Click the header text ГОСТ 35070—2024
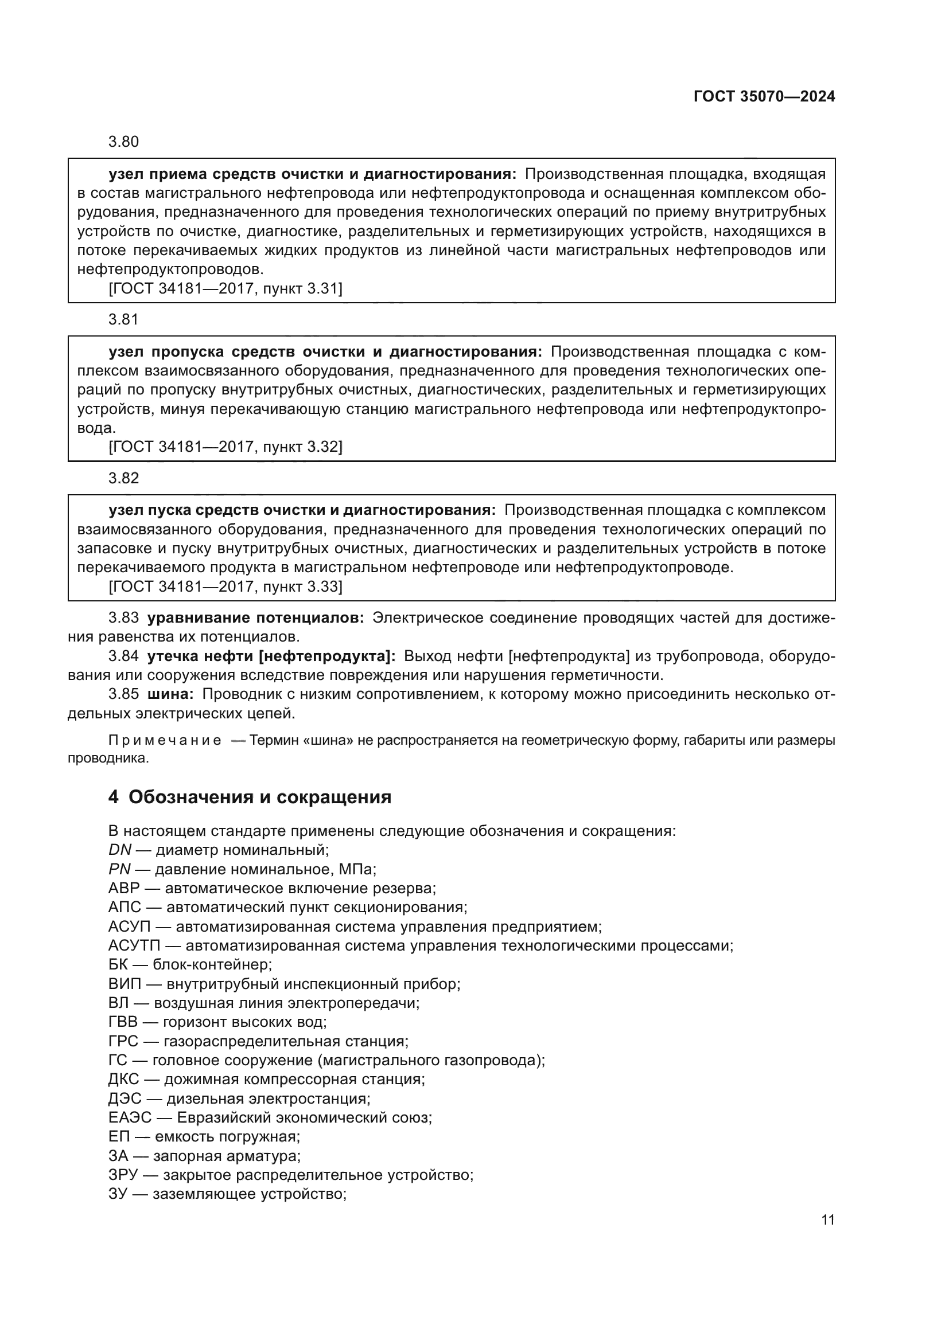point(764,96)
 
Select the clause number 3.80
point(123,142)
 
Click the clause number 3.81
point(123,319)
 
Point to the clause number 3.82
point(123,478)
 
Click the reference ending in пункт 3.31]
point(225,288)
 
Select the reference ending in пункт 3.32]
point(225,447)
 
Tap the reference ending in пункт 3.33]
point(225,587)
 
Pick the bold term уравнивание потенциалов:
point(255,618)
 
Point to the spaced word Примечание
point(165,741)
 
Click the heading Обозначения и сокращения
point(259,797)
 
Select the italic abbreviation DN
point(120,850)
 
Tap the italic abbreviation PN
point(119,869)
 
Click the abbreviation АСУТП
point(134,945)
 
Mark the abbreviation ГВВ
point(125,1022)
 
